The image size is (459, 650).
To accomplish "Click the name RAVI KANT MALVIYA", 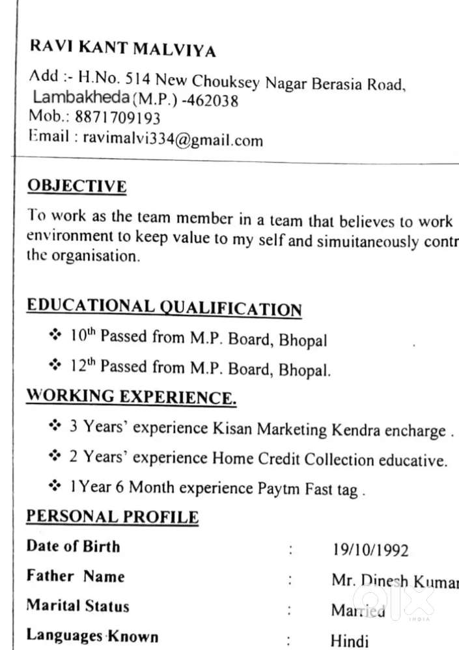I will [x=122, y=49].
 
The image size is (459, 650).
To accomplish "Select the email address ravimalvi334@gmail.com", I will [x=173, y=139].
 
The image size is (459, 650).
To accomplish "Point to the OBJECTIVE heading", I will [x=77, y=186].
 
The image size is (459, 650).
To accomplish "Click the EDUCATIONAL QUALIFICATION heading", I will [x=164, y=307].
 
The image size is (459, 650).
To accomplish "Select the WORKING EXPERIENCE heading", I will [x=131, y=396].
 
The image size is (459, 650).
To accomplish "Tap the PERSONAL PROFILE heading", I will [x=112, y=517].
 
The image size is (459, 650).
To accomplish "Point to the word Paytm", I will [x=282, y=487].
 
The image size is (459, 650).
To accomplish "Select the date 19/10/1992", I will [x=370, y=550].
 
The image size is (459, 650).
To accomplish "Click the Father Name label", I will [x=76, y=576].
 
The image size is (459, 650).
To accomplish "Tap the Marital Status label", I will [x=77, y=606].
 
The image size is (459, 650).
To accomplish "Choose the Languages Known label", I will [x=92, y=636].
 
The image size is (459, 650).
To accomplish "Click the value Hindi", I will [x=349, y=641].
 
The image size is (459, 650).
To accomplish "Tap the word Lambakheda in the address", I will [x=81, y=98].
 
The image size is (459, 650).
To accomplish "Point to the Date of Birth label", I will [x=73, y=546].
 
